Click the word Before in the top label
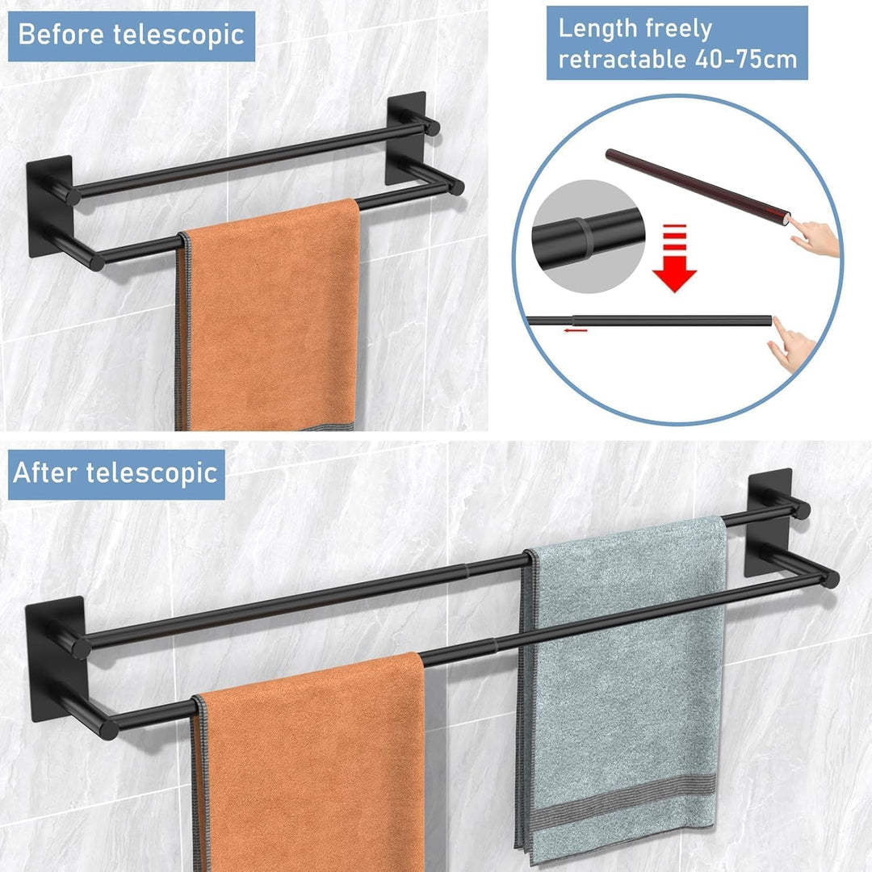tap(61, 35)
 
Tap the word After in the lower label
tap(45, 473)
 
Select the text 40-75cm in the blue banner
tap(746, 59)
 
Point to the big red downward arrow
tap(674, 258)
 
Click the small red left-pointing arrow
tap(575, 330)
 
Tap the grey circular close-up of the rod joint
tap(589, 237)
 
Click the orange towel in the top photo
tap(270, 317)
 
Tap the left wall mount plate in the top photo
tap(49, 207)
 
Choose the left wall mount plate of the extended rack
tap(53, 659)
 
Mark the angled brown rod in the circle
tap(698, 185)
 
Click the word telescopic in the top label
tap(178, 35)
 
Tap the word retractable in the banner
tap(623, 59)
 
